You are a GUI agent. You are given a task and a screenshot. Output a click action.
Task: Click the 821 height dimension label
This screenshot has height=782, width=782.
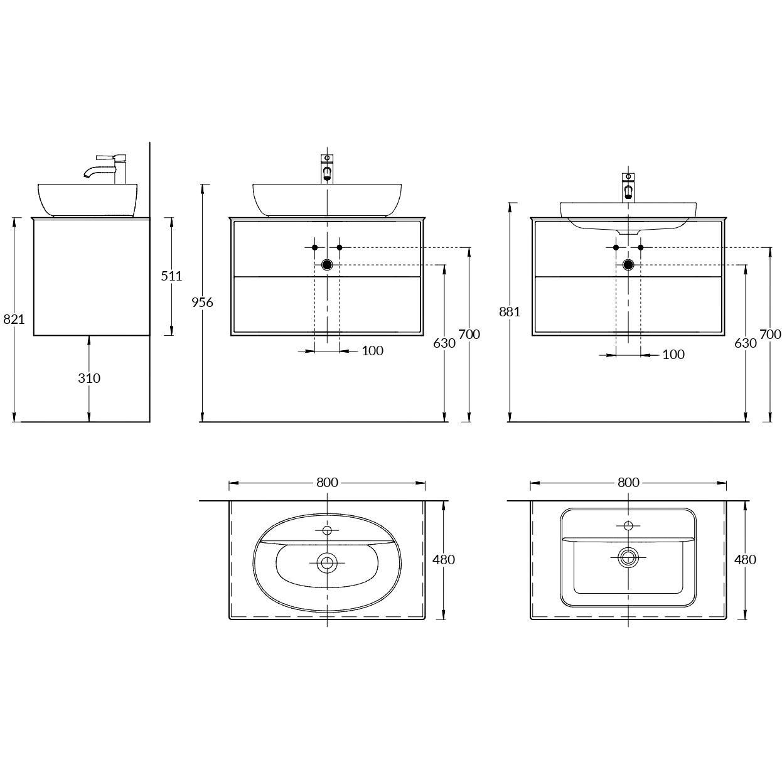[14, 319]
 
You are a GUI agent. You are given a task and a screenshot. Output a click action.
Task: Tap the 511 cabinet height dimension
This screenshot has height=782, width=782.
[171, 276]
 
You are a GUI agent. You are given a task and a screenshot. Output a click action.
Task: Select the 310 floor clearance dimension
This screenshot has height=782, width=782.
[89, 378]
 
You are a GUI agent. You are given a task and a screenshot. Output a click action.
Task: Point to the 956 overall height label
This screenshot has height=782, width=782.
[202, 303]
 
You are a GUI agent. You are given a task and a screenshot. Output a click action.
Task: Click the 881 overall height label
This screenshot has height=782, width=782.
[510, 312]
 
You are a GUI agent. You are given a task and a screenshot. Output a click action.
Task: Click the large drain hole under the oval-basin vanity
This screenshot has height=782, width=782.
[327, 265]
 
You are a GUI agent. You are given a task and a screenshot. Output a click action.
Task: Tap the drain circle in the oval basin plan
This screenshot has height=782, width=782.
[327, 563]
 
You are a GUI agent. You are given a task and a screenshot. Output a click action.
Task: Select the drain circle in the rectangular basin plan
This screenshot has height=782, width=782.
[628, 558]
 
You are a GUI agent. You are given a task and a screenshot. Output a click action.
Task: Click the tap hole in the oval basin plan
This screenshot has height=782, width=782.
[327, 530]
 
